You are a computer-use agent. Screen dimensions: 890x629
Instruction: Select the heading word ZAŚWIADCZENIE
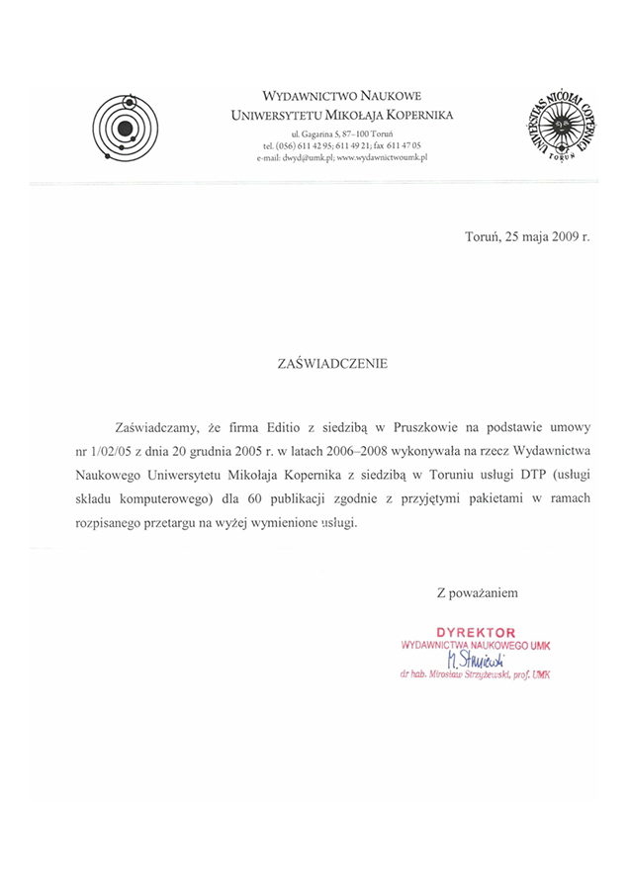[332, 364]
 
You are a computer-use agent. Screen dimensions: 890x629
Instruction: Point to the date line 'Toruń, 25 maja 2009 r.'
[527, 237]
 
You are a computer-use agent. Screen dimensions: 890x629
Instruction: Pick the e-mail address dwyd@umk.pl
[307, 158]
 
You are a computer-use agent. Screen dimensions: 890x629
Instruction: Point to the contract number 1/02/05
[112, 451]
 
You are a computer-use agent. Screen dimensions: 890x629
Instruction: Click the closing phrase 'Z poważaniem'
[477, 593]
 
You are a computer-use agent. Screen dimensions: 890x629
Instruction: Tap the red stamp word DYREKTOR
[476, 631]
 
